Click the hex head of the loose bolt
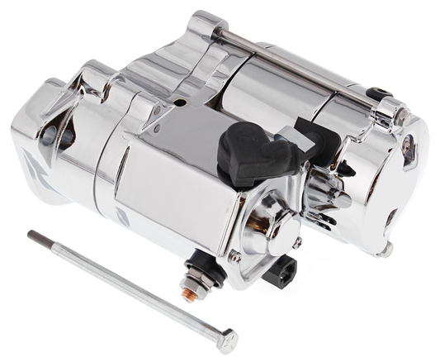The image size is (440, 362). pos(225,339)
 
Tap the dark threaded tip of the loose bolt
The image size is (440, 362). pos(34,236)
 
